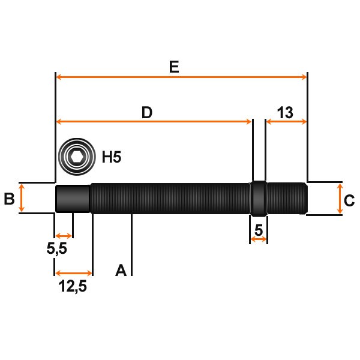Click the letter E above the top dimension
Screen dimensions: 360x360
(x=174, y=67)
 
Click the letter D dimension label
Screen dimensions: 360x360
(x=147, y=112)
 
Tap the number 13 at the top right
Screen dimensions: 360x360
(x=286, y=112)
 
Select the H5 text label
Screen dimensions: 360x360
(x=112, y=158)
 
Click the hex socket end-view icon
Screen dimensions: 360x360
(x=76, y=158)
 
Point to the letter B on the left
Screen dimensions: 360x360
(x=9, y=199)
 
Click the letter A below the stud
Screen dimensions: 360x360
(x=121, y=271)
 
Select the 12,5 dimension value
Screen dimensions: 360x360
(x=73, y=286)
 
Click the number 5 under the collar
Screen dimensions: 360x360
(x=259, y=229)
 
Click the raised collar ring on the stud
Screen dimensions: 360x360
(x=258, y=199)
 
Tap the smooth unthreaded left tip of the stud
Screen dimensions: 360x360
(x=73, y=199)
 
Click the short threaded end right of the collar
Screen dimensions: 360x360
(x=286, y=198)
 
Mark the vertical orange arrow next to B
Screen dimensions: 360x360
(x=22, y=198)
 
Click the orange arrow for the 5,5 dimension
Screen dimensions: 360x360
(x=64, y=235)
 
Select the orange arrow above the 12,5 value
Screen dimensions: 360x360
(x=74, y=273)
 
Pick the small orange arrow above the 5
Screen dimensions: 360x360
(x=259, y=240)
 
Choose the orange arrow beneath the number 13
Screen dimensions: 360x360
(x=286, y=122)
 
